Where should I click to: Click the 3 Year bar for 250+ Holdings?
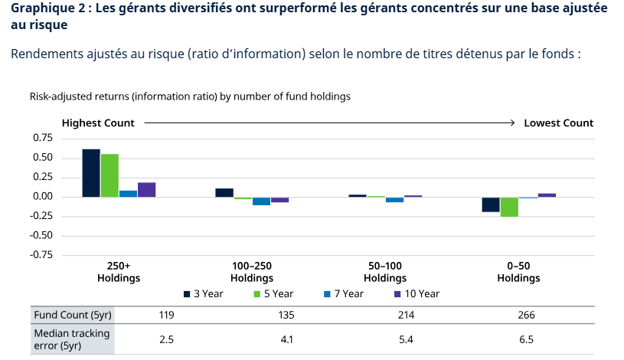(x=91, y=173)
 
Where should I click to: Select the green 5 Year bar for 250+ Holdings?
(x=109, y=175)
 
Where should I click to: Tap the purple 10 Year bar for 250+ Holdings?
(x=146, y=190)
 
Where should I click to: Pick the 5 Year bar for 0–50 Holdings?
(x=509, y=207)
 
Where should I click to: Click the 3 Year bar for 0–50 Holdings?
(x=491, y=205)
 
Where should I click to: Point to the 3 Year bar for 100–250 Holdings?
(x=224, y=192)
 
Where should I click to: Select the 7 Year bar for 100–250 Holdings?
(x=261, y=201)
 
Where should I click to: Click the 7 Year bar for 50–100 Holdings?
(x=394, y=200)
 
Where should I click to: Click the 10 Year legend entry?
(x=417, y=293)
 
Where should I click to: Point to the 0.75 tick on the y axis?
(x=42, y=138)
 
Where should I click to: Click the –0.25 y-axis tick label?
(x=41, y=216)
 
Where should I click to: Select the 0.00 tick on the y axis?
(x=42, y=197)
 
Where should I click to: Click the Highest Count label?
(x=98, y=123)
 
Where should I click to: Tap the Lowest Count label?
(x=558, y=123)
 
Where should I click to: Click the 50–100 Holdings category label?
(x=385, y=272)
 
